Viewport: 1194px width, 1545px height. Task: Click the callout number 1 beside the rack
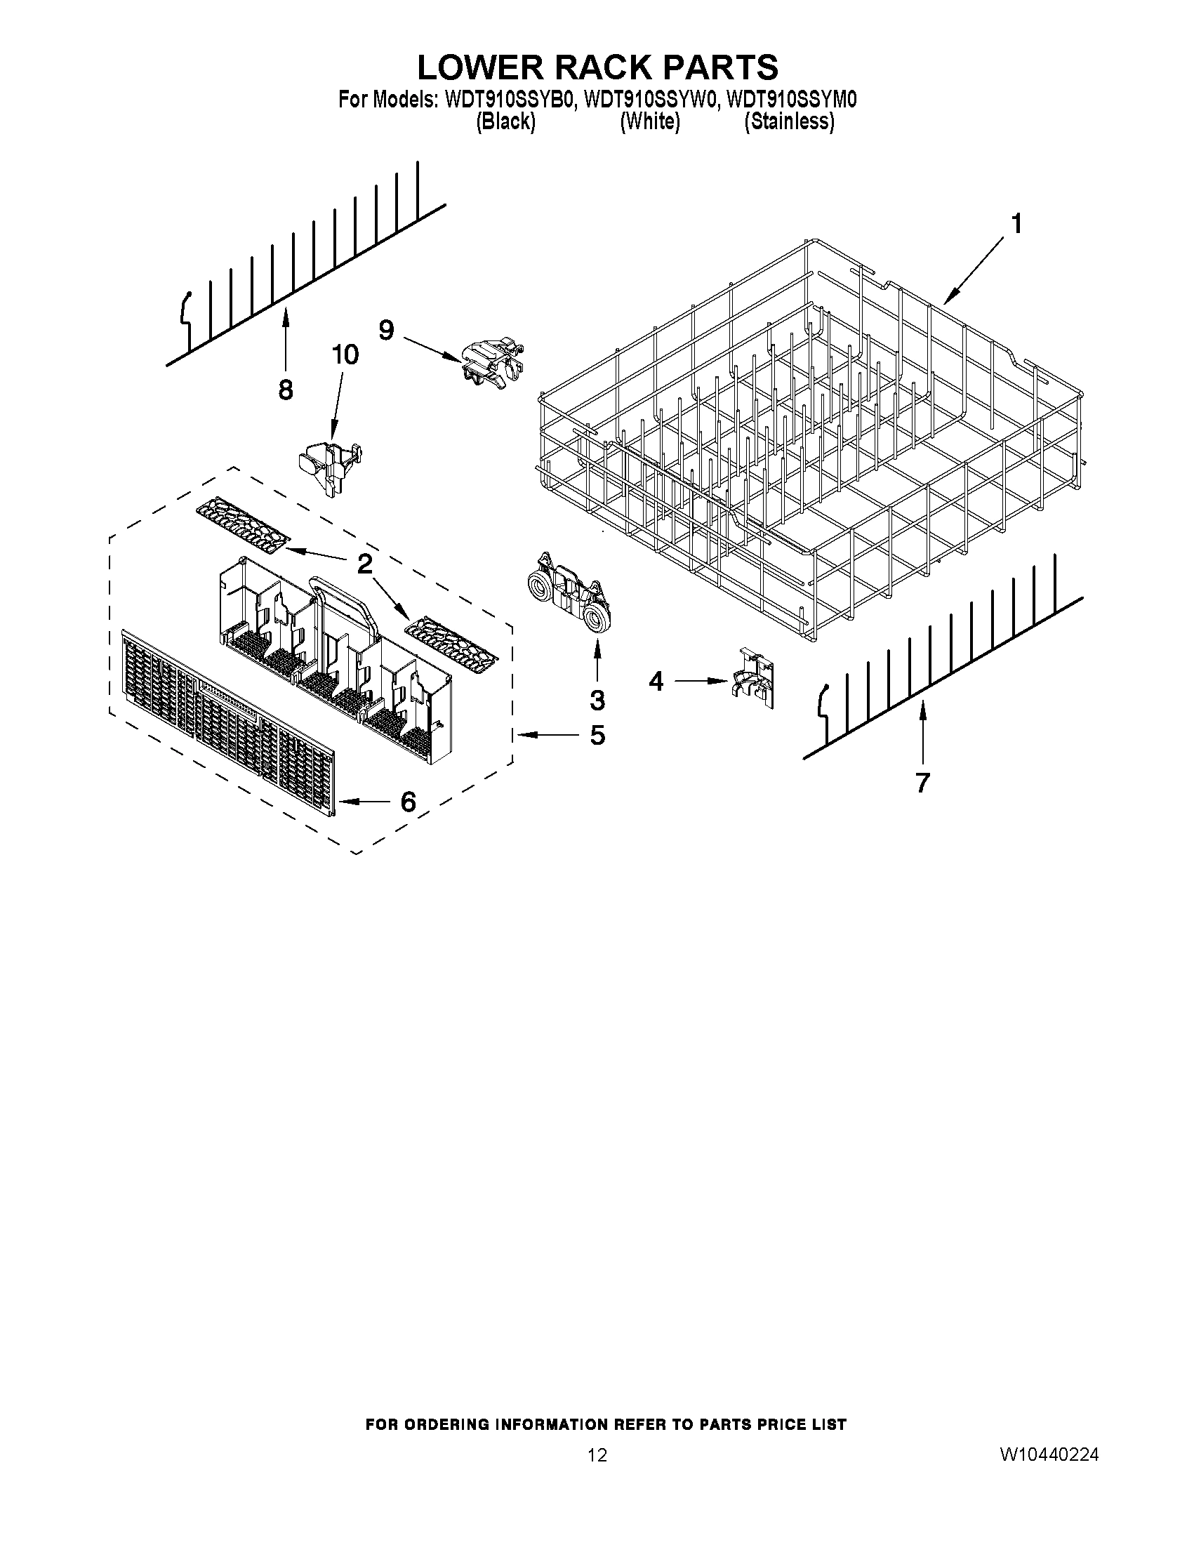coord(1016,224)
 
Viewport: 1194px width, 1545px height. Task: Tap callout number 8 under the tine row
coord(285,389)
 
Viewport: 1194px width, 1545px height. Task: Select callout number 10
coord(345,354)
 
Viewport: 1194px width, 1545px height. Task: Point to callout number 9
coord(385,330)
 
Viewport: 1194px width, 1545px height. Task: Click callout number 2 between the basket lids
coord(364,564)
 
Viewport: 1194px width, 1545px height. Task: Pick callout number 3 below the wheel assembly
coord(598,700)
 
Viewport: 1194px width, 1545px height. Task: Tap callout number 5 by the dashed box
coord(598,736)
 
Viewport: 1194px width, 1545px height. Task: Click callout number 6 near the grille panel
coord(408,802)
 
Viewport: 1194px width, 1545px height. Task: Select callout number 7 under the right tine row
coord(922,783)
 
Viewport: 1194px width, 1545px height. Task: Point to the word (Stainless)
coord(790,121)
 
